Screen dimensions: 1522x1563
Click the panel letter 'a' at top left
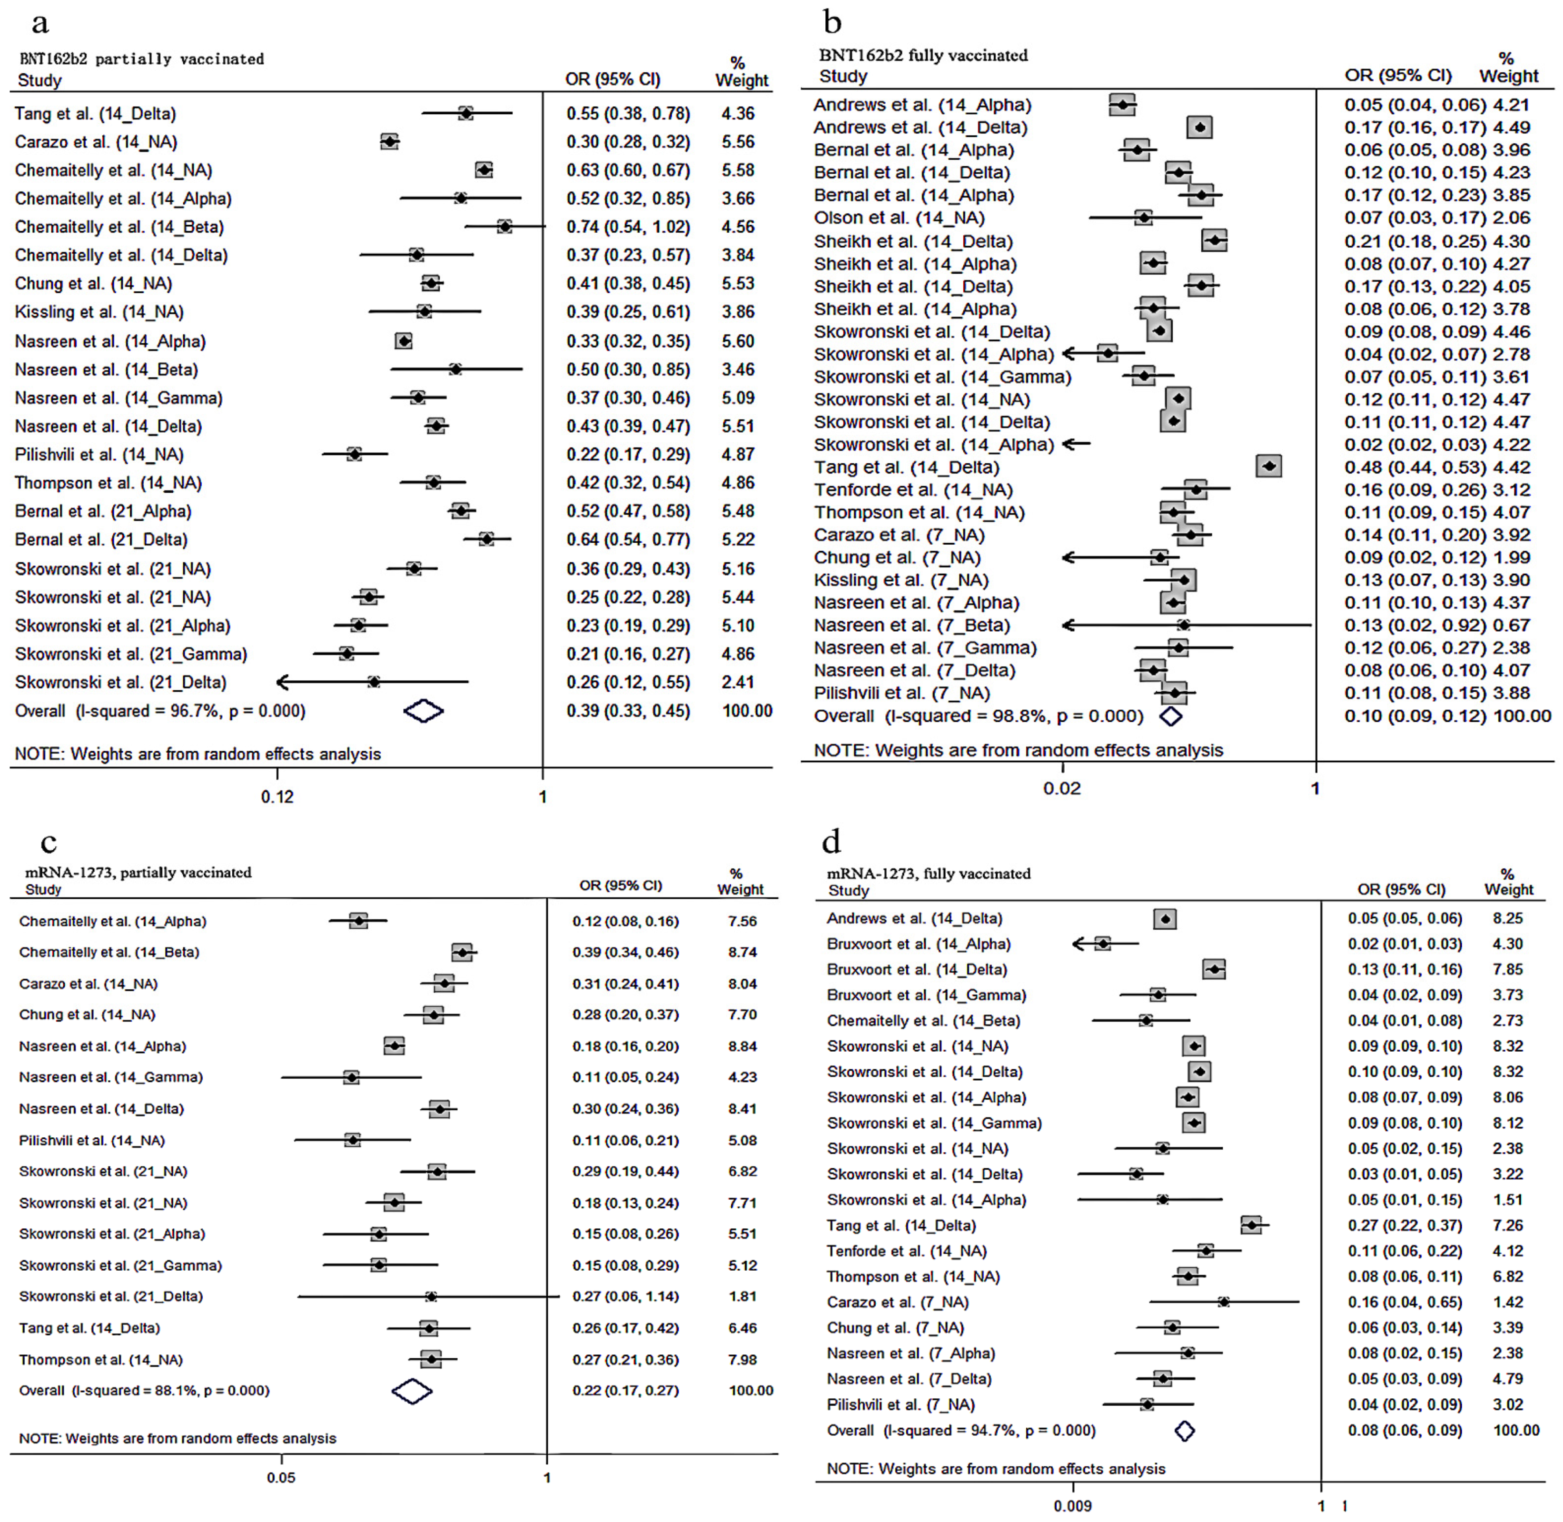[40, 24]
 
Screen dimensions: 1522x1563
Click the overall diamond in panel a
[424, 711]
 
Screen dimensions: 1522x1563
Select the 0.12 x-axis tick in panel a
[277, 796]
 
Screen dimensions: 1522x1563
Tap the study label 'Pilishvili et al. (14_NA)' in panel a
[99, 454]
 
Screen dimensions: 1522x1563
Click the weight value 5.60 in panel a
[738, 341]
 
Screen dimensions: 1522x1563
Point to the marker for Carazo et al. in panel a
[389, 141]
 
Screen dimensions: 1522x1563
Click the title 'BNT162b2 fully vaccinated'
[923, 55]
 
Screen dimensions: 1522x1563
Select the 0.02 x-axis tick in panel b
[1062, 788]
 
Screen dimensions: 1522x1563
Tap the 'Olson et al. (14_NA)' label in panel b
[899, 218]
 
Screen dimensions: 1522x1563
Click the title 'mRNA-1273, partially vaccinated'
[138, 872]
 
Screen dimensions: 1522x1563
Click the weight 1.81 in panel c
[742, 1296]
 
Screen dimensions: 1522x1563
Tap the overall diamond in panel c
[412, 1391]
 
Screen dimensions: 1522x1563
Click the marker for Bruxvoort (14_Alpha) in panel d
[1103, 944]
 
